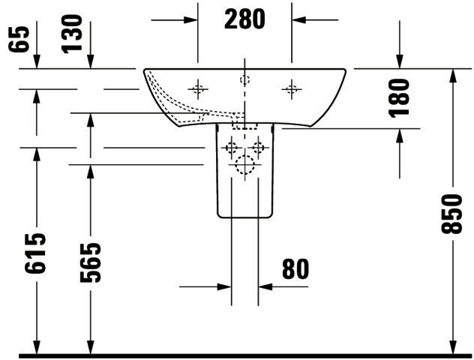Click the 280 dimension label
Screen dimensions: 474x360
click(244, 19)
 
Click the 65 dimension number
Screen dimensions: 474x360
click(19, 39)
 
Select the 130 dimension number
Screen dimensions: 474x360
click(72, 34)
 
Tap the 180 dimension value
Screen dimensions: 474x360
click(399, 98)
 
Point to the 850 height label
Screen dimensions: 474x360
click(451, 214)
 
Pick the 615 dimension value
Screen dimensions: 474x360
click(35, 253)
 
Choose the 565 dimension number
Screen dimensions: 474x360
click(90, 262)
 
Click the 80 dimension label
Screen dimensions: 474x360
click(295, 268)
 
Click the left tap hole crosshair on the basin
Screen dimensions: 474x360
click(198, 89)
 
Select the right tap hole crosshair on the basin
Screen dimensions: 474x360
click(292, 89)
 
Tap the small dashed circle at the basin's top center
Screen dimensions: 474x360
click(244, 80)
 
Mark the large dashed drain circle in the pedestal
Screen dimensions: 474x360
click(244, 165)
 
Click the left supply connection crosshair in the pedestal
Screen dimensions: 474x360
click(232, 148)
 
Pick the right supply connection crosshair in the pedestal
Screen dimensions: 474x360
click(258, 148)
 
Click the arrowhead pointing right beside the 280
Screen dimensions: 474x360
click(190, 20)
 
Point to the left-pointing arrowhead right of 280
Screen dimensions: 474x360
click(299, 20)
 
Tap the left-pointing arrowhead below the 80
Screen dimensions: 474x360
click(265, 286)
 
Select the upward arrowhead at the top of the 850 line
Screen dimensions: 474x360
click(452, 76)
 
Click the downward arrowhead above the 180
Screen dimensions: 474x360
click(400, 62)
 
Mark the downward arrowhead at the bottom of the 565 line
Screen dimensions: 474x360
click(90, 347)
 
